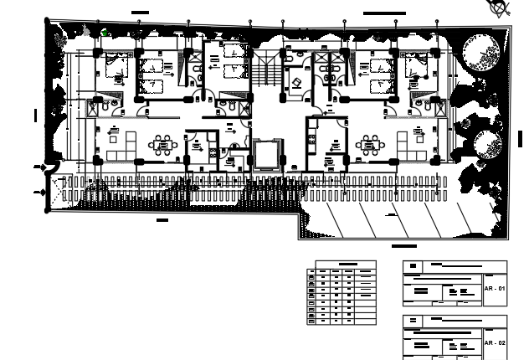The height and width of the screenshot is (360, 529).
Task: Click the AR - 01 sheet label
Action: (x=495, y=289)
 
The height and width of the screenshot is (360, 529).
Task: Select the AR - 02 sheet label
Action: (x=495, y=343)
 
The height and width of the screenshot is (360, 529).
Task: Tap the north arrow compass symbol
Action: (x=499, y=8)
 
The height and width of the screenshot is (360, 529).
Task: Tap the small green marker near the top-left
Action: (x=105, y=33)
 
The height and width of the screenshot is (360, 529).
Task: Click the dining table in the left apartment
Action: (x=162, y=146)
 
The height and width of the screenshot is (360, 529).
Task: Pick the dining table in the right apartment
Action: (x=369, y=146)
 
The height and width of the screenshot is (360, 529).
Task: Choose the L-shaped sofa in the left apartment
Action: (x=110, y=144)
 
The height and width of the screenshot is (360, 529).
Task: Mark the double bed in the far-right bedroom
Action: (x=415, y=66)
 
